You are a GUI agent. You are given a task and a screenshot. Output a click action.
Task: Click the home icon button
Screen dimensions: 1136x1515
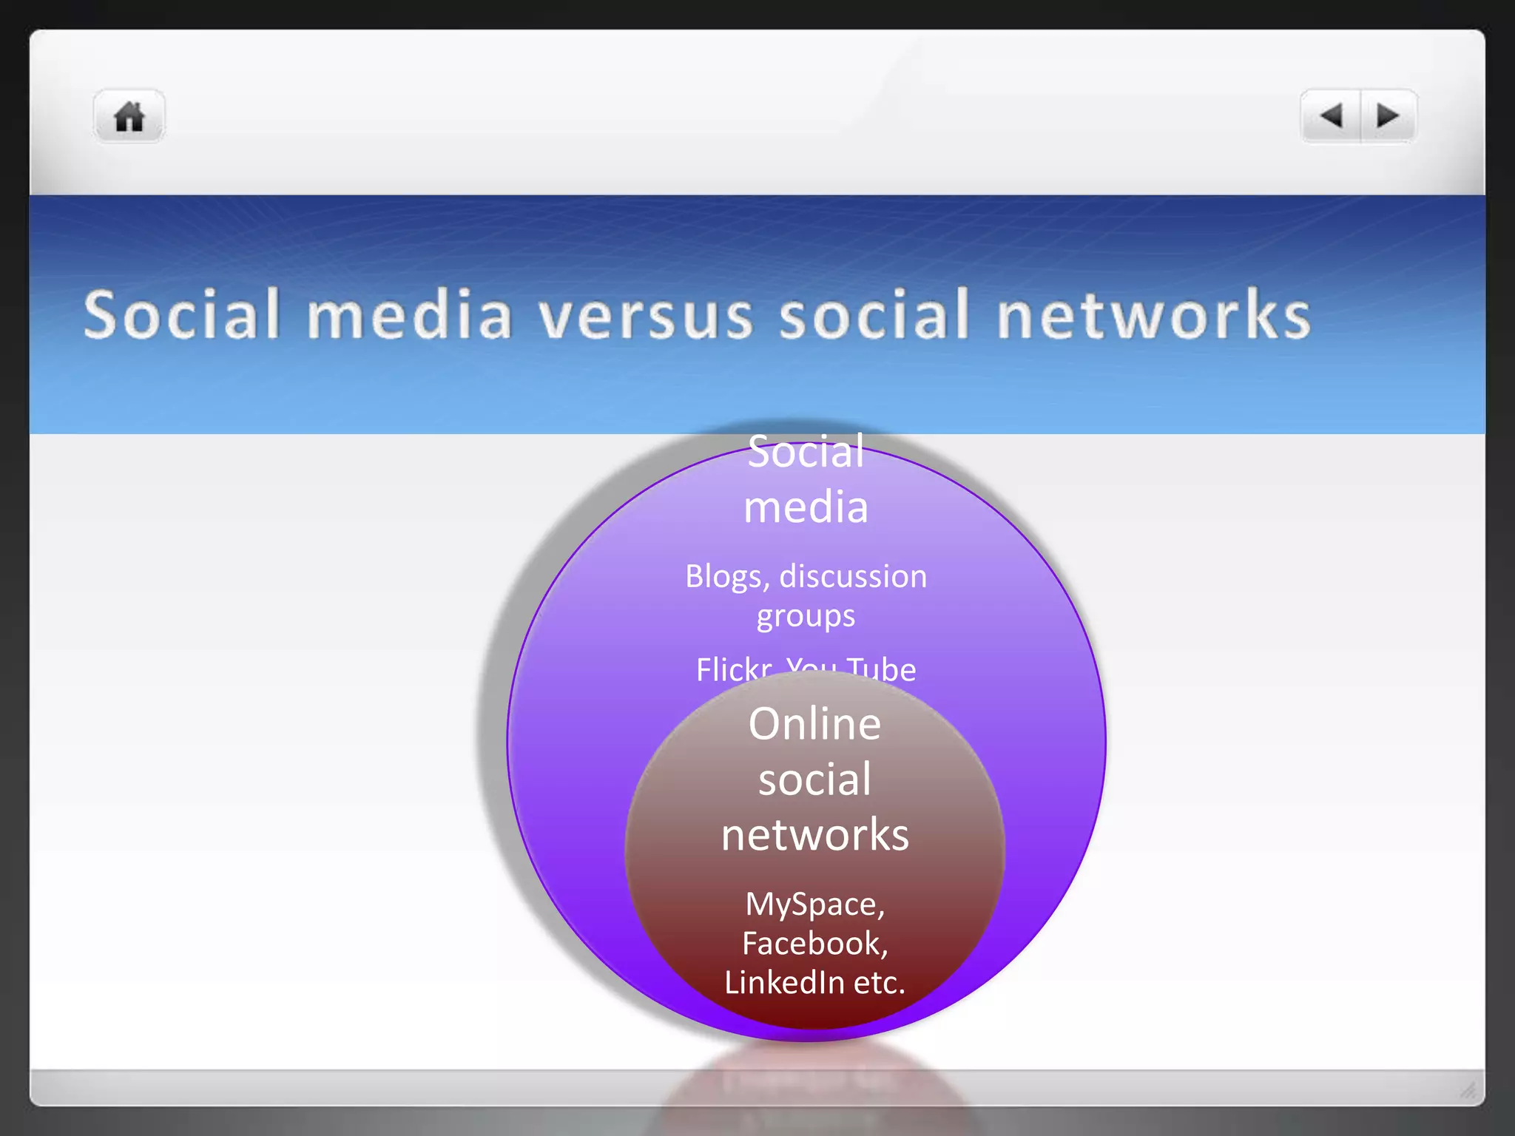tap(129, 117)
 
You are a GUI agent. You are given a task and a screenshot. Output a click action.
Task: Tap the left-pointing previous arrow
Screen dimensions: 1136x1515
tap(1331, 116)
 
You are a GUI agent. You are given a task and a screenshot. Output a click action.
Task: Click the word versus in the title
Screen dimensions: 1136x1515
tap(645, 316)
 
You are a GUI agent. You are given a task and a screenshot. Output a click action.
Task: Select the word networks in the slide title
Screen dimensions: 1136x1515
tap(1153, 316)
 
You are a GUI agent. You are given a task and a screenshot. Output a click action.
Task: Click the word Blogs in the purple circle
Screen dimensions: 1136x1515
tap(727, 576)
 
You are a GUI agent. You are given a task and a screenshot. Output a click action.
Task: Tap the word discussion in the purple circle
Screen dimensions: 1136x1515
tap(853, 576)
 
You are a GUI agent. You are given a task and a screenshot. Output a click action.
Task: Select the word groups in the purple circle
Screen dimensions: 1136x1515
tap(806, 616)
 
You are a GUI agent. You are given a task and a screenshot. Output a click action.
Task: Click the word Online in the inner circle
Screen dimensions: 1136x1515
tap(814, 723)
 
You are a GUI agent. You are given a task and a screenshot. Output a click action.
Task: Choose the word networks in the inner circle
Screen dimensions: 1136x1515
tap(814, 835)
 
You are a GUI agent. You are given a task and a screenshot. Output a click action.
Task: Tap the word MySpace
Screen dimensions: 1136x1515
tap(814, 905)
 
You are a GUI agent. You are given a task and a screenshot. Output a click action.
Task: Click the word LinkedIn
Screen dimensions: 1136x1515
tap(784, 983)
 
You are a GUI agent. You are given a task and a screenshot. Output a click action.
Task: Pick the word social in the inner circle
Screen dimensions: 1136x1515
tap(814, 780)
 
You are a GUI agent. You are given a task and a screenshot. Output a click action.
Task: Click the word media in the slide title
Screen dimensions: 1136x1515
tap(409, 316)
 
